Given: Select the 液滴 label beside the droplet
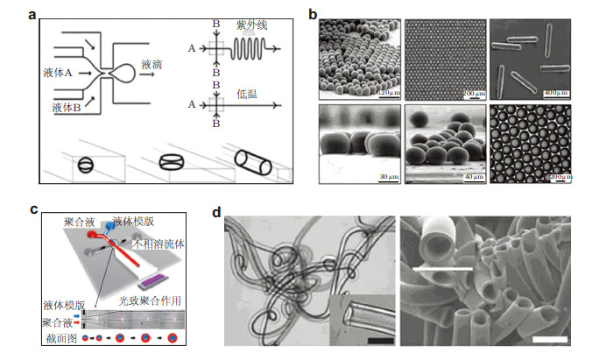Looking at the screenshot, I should coord(149,65).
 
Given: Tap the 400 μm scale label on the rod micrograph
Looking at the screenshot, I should coord(555,91).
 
